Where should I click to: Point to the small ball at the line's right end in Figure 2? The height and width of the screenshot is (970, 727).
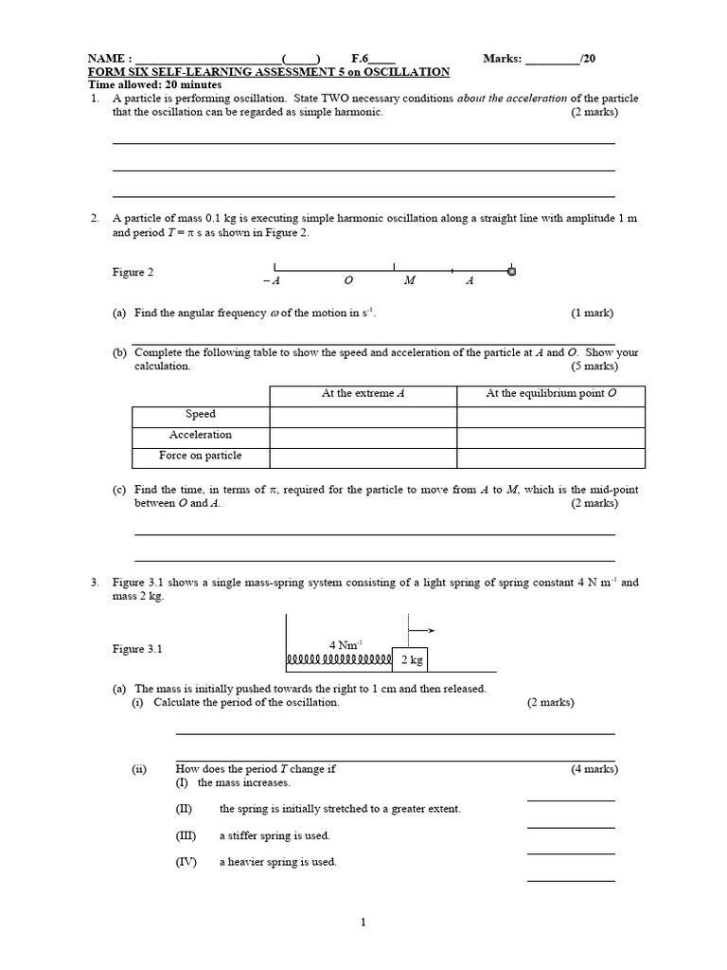tap(512, 272)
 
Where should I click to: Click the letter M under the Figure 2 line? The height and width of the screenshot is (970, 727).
tap(409, 280)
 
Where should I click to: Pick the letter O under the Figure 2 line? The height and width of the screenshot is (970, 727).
tap(347, 280)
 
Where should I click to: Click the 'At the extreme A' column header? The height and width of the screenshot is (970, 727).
tap(363, 393)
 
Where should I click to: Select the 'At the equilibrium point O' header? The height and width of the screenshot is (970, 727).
tap(551, 393)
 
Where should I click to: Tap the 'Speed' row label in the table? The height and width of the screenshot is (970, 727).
tap(200, 414)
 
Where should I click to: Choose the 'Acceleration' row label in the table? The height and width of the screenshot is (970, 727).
tap(200, 435)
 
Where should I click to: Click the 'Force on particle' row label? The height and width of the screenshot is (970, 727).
tap(200, 456)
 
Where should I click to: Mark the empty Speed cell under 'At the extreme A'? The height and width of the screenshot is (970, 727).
tap(363, 415)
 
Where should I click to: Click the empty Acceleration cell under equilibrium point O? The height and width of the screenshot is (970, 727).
tap(551, 436)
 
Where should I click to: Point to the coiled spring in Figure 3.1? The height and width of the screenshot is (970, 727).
tap(338, 658)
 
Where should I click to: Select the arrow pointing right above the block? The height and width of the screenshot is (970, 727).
tap(422, 628)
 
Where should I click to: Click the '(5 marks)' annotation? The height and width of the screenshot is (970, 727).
tap(594, 366)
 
